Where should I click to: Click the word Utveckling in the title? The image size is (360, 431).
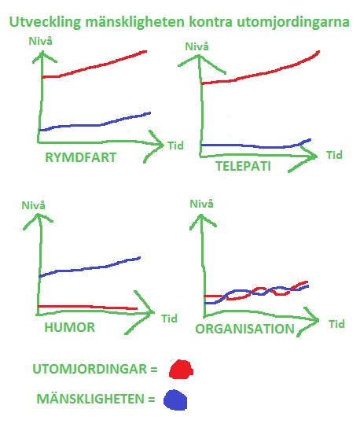click(46, 22)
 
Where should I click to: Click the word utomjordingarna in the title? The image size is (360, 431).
click(293, 22)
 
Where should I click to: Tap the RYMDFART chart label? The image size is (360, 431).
click(80, 157)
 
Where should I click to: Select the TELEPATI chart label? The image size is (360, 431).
click(243, 166)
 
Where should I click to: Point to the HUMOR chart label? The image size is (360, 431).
click(69, 327)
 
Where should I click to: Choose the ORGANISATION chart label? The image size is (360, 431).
click(244, 329)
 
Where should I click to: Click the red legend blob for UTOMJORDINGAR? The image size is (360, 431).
click(181, 369)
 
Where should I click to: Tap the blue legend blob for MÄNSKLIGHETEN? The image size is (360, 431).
click(175, 400)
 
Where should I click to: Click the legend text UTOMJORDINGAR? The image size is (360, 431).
click(90, 369)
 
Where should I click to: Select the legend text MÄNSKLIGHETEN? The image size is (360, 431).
click(90, 399)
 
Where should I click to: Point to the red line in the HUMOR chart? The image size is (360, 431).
click(87, 307)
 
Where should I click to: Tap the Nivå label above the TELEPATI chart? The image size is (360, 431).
click(197, 46)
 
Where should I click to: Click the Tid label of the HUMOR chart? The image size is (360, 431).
click(169, 319)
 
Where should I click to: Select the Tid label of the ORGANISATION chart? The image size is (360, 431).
click(336, 324)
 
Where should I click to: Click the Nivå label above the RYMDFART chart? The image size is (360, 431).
click(40, 41)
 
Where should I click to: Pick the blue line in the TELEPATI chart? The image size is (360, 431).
click(255, 146)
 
